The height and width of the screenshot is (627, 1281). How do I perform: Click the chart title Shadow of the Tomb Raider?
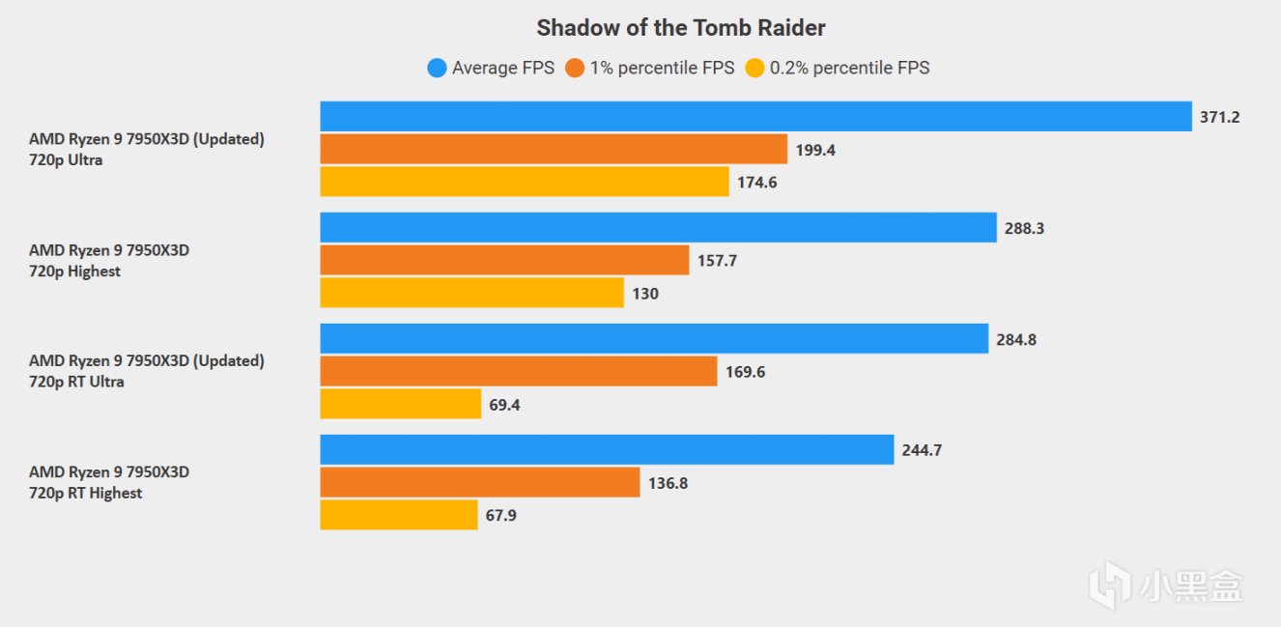coord(681,27)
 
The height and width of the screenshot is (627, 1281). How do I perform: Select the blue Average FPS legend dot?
coord(437,68)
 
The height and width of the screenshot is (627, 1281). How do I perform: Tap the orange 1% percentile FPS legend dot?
coord(576,68)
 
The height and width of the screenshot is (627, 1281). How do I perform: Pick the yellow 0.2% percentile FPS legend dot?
coord(754,68)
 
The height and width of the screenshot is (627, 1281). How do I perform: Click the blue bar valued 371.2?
coord(755,116)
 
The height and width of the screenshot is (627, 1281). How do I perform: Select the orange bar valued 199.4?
coord(554,149)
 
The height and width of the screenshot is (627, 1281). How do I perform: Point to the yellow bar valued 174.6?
coord(525,182)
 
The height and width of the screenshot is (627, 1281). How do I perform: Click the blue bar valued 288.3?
coord(658,227)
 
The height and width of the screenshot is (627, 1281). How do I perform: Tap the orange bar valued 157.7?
coord(504,260)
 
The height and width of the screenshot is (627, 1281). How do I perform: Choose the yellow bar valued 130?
coord(471,293)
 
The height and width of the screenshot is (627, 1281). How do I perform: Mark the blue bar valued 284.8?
coord(654,338)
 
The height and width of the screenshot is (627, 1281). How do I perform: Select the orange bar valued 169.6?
coord(519,371)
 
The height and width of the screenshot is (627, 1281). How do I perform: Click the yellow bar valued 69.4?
coord(400,404)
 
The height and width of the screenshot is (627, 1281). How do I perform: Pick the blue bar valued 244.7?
coord(607,449)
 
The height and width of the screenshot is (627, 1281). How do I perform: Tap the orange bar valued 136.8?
coord(480,482)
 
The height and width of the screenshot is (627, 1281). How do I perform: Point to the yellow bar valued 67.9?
coord(399,515)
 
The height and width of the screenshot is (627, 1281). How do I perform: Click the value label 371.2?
coord(1219,117)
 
